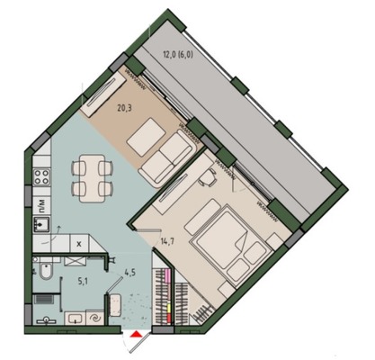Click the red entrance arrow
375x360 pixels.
tap(137, 334)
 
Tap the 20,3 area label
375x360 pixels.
tap(124, 108)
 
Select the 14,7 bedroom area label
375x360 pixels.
tap(168, 240)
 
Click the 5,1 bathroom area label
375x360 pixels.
tap(82, 282)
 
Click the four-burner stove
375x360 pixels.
tap(41, 177)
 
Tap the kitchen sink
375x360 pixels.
tap(41, 225)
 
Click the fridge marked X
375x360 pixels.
tap(79, 244)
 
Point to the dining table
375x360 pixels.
tap(93, 178)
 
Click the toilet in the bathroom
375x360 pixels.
tap(46, 271)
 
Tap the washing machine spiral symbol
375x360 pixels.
tap(95, 318)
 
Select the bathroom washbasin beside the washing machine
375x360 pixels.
tap(75, 318)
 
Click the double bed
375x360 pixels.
tap(230, 244)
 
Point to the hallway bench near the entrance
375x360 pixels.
tap(115, 305)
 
